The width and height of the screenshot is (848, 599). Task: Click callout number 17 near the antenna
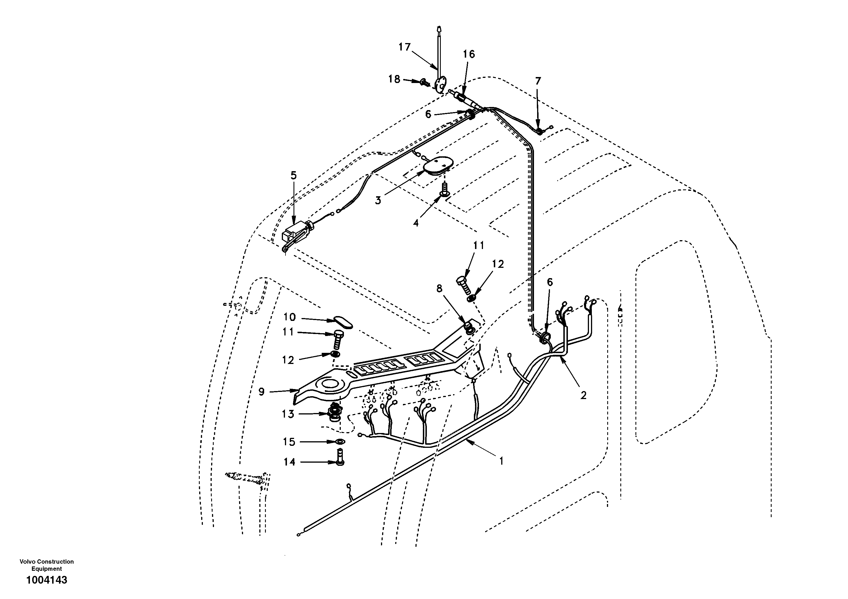tap(404, 47)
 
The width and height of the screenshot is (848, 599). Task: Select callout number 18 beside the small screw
tap(394, 79)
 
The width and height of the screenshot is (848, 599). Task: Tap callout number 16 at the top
tap(469, 54)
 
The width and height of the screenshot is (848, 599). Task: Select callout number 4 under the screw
tap(416, 223)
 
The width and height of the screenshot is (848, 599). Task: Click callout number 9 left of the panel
tap(262, 392)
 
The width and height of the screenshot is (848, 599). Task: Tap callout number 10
tap(290, 317)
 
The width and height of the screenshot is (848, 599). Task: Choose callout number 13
tap(288, 414)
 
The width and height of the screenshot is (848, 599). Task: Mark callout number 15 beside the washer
tap(289, 442)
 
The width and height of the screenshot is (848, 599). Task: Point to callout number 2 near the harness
tap(583, 395)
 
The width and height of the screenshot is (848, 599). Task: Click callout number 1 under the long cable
tap(501, 461)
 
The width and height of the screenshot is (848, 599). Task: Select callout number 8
tap(439, 288)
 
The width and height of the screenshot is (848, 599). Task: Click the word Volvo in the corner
tap(27, 561)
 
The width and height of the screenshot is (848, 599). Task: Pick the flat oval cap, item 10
tap(343, 322)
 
